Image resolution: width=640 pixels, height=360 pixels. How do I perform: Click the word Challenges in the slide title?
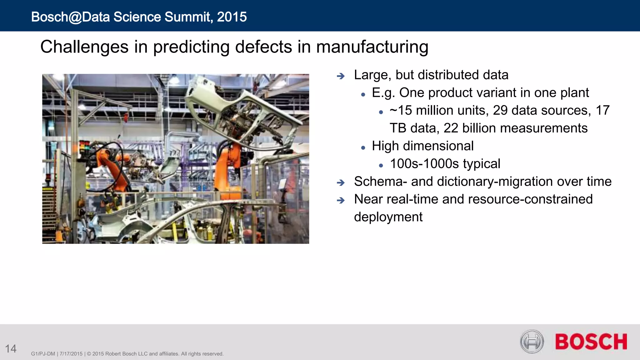[84, 47]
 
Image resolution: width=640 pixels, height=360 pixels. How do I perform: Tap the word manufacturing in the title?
[372, 47]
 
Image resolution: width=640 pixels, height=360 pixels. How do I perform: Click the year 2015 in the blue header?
[232, 17]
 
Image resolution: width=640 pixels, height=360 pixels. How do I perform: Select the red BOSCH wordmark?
[591, 342]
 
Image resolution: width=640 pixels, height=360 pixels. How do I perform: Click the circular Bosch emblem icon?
[532, 342]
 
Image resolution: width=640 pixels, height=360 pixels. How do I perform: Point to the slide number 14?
[11, 349]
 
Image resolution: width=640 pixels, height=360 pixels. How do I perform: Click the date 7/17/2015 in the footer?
[71, 354]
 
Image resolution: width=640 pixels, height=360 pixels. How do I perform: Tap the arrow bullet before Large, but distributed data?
[341, 76]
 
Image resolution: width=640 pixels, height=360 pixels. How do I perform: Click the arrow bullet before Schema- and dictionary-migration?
[341, 182]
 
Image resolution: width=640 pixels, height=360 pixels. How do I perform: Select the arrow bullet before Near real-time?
[341, 200]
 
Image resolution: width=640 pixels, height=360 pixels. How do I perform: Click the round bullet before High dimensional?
[363, 147]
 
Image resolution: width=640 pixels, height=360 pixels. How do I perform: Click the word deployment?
[388, 217]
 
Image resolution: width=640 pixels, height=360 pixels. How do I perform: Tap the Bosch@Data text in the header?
[70, 17]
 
